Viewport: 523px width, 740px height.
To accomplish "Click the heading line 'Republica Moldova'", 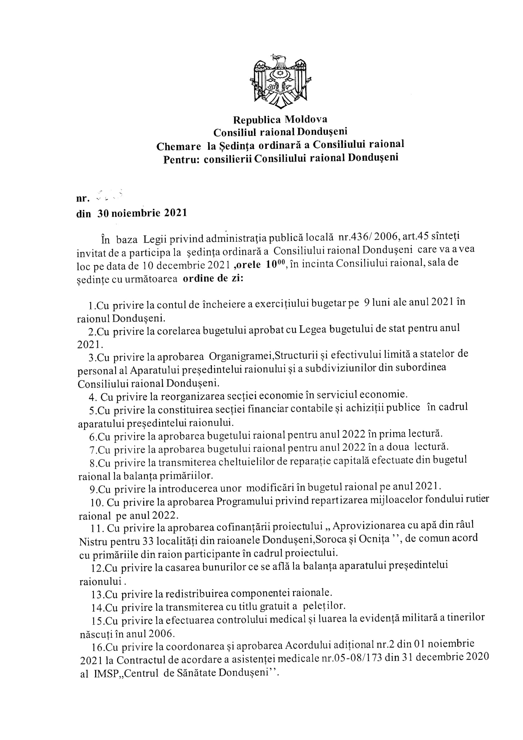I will (x=280, y=120).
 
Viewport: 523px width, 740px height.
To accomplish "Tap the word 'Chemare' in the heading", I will (x=179, y=147).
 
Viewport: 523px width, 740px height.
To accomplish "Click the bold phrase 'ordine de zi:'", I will (x=213, y=278).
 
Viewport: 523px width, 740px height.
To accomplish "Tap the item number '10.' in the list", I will (x=96, y=503).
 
